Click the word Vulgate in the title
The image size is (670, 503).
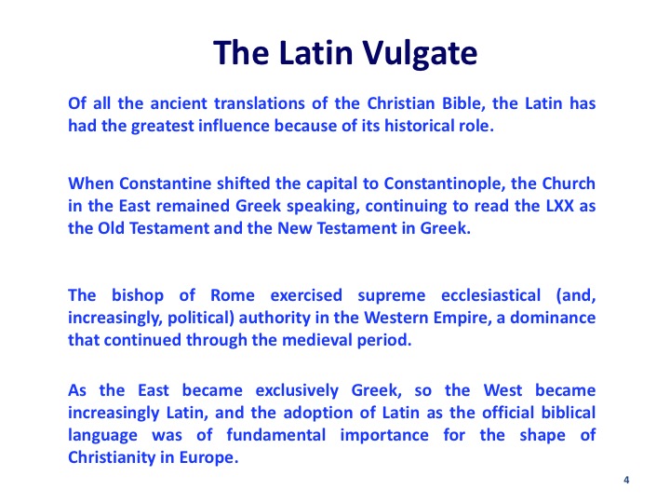click(420, 53)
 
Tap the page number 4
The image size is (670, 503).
click(626, 480)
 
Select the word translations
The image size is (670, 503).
click(260, 103)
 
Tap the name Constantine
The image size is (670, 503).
click(166, 184)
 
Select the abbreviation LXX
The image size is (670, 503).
click(560, 206)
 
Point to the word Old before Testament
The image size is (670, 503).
click(111, 228)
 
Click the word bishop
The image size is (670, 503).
click(138, 296)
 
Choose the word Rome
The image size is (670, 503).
click(233, 295)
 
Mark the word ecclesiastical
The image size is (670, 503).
click(491, 295)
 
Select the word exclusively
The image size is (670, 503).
click(297, 391)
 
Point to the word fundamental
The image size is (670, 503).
click(276, 435)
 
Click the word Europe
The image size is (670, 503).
click(208, 458)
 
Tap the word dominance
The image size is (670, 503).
click(553, 318)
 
